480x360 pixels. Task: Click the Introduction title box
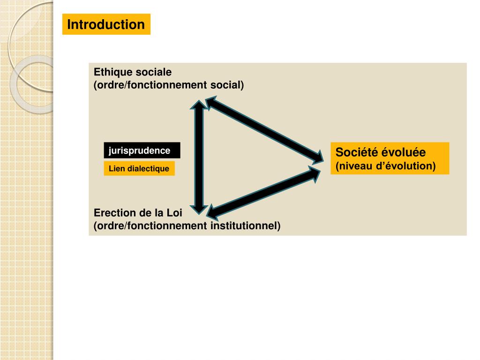[x=106, y=24]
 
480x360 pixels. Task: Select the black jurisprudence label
[x=142, y=150]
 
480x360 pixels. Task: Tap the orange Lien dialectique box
[x=139, y=169]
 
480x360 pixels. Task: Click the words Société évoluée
[x=380, y=152]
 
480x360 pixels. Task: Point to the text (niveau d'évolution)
[x=385, y=166]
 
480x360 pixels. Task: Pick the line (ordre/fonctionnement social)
[x=169, y=85]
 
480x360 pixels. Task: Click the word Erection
[x=114, y=212]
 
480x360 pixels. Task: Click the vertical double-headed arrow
[x=199, y=155]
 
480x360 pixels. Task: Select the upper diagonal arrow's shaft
[x=262, y=128]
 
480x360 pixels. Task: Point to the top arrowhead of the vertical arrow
[x=199, y=104]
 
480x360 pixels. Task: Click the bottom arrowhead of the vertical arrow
[x=199, y=206]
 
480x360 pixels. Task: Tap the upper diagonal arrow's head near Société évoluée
[x=316, y=156]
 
